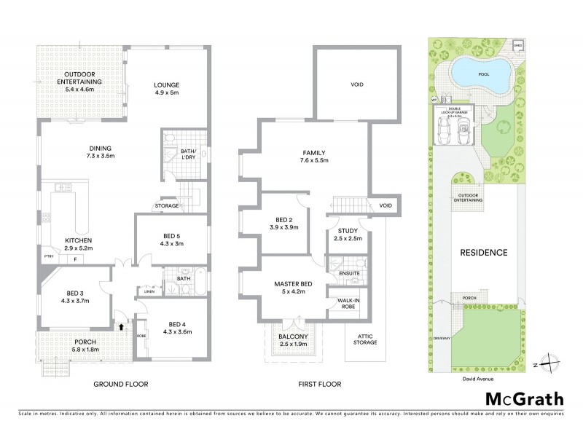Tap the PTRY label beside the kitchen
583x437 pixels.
49,257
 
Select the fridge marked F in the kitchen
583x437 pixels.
74,259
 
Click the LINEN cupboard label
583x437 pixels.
149,293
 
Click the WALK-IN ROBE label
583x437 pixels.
345,302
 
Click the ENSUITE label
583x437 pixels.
349,273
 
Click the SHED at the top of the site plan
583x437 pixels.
518,44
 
